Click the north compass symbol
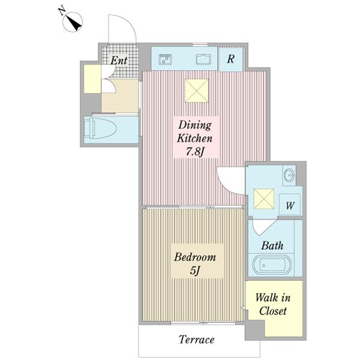(x=73, y=21)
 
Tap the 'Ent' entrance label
(x=119, y=61)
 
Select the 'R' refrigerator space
(x=230, y=59)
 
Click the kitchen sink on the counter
(x=166, y=59)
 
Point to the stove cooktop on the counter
(x=203, y=59)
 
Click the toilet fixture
(x=100, y=128)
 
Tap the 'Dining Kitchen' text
(x=194, y=131)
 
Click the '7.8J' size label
(x=195, y=152)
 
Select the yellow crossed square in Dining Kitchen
(x=197, y=91)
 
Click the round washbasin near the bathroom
(x=290, y=176)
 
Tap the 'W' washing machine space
(x=290, y=205)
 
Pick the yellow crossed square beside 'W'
(x=264, y=199)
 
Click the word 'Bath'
(x=272, y=245)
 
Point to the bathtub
(x=272, y=265)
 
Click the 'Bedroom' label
(x=195, y=257)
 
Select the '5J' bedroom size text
(x=195, y=271)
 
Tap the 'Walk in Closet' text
(x=273, y=304)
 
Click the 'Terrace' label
(x=197, y=340)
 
